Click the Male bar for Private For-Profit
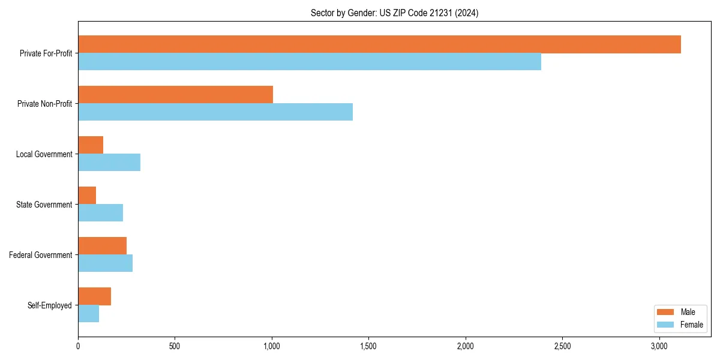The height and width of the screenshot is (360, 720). click(x=379, y=44)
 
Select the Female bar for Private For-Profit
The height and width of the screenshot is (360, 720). click(x=310, y=62)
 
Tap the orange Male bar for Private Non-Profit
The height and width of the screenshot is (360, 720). click(x=175, y=95)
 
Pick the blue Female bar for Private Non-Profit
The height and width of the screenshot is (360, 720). click(x=215, y=112)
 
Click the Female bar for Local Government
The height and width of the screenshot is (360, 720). click(x=109, y=163)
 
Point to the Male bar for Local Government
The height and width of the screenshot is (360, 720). click(x=91, y=145)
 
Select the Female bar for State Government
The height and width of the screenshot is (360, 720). click(x=100, y=213)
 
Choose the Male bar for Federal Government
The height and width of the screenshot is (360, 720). click(x=102, y=246)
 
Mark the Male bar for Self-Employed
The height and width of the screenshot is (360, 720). click(x=94, y=296)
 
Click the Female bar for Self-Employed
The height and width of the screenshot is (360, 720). click(x=88, y=314)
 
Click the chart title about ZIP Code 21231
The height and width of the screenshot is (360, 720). click(x=394, y=13)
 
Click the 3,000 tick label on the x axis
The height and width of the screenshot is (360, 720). click(x=659, y=346)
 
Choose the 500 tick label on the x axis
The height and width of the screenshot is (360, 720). click(x=175, y=346)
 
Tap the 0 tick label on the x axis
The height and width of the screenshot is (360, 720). click(x=78, y=346)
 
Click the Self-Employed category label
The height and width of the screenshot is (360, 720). click(x=49, y=305)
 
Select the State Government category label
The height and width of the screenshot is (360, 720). click(x=44, y=205)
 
